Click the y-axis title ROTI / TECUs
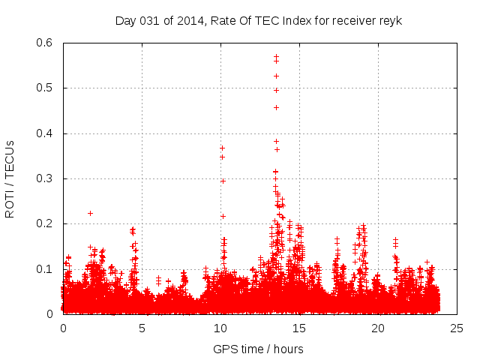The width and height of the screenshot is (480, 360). tap(10, 178)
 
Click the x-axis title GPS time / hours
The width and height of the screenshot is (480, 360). tap(258, 349)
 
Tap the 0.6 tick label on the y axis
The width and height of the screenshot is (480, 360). tap(46, 43)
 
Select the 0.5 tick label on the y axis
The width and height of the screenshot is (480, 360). tap(46, 88)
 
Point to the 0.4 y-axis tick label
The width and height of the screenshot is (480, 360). tap(46, 133)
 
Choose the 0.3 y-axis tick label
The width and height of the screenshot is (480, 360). tap(46, 178)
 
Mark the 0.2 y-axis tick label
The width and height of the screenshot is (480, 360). tap(46, 223)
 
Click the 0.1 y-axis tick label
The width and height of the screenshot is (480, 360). tap(46, 268)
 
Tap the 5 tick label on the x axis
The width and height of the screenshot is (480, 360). tap(142, 328)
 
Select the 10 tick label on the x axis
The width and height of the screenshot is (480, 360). tap(220, 328)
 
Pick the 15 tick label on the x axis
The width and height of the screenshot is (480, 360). tap(299, 328)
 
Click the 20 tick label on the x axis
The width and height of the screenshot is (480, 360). tap(378, 328)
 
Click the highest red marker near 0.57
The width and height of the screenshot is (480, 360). tap(276, 55)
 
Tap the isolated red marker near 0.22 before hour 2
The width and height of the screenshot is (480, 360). tap(90, 213)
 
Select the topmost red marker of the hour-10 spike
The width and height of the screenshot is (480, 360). tap(222, 148)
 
